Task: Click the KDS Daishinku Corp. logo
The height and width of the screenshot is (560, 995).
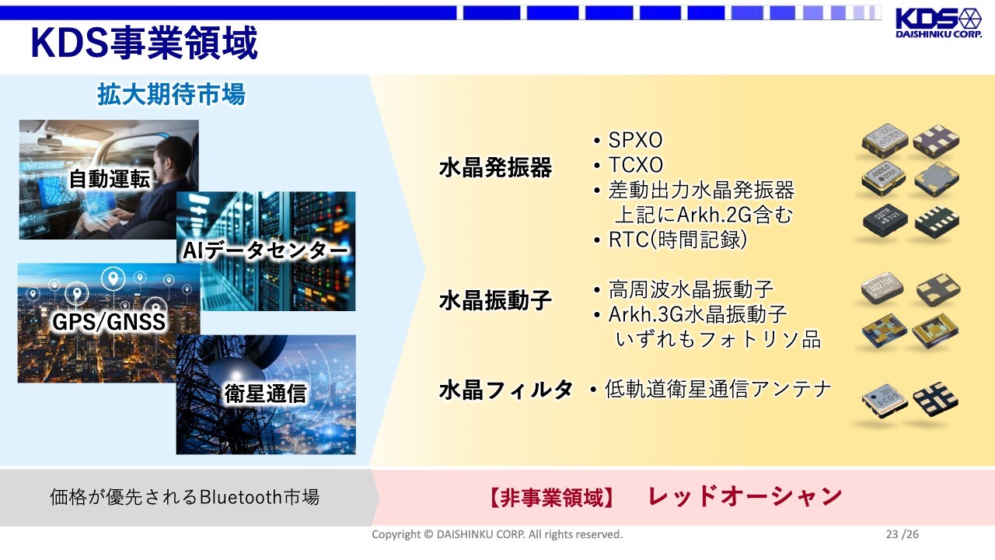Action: (x=938, y=23)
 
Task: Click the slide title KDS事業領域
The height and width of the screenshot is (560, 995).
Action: (x=145, y=43)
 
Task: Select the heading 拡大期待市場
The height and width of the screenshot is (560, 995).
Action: (x=171, y=94)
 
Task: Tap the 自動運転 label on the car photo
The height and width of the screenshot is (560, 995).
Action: (x=110, y=179)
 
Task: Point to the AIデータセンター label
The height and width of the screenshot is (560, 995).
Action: (x=265, y=250)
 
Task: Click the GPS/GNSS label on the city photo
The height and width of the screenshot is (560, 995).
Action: (x=109, y=321)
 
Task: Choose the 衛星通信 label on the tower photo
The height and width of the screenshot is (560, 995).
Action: (x=265, y=394)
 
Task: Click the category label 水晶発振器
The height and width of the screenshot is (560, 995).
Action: (x=495, y=167)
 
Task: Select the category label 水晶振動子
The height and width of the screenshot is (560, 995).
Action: (x=495, y=300)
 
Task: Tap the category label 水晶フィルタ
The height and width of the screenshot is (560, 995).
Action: (x=506, y=390)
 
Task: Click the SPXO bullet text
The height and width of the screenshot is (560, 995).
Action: (x=635, y=141)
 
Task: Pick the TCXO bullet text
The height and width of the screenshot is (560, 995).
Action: (x=636, y=166)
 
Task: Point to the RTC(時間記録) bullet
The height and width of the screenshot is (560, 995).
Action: (x=677, y=240)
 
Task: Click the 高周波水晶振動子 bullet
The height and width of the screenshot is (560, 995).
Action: (x=691, y=290)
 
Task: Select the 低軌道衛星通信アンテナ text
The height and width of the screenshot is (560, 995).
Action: (x=717, y=390)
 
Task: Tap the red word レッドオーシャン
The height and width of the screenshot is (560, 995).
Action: (x=745, y=496)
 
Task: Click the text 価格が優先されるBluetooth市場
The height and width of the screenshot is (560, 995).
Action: (x=184, y=497)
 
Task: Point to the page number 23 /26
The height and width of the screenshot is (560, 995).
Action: (x=902, y=534)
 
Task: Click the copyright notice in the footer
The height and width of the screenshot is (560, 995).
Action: (x=497, y=534)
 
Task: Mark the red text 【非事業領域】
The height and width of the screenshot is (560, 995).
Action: (x=551, y=497)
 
